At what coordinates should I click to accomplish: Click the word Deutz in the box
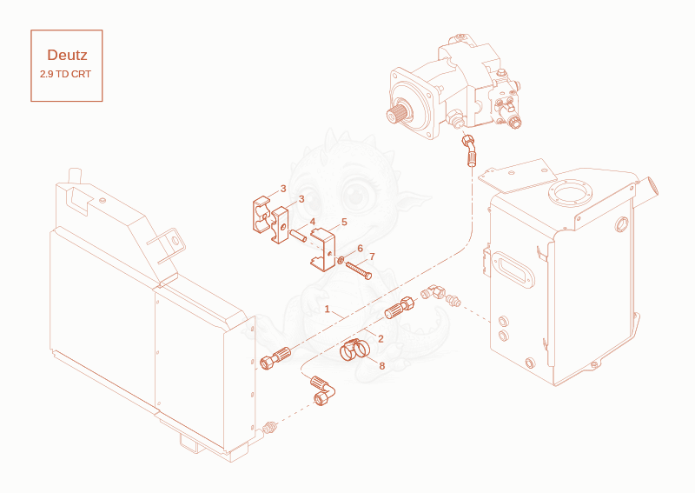pyautogui.click(x=67, y=55)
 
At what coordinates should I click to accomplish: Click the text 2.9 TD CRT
pyautogui.click(x=66, y=74)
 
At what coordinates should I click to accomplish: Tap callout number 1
pyautogui.click(x=328, y=309)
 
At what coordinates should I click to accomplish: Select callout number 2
pyautogui.click(x=381, y=339)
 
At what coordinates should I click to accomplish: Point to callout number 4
pyautogui.click(x=313, y=222)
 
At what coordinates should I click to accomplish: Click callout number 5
pyautogui.click(x=344, y=222)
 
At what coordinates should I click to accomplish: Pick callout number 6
pyautogui.click(x=360, y=249)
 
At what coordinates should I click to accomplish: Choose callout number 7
pyautogui.click(x=372, y=256)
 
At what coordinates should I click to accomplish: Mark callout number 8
pyautogui.click(x=381, y=366)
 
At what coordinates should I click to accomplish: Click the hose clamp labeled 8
pyautogui.click(x=354, y=350)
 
